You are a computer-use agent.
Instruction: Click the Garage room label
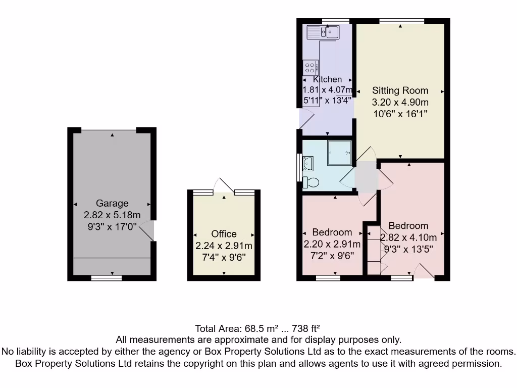pos(112,203)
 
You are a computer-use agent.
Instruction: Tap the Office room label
pos(224,234)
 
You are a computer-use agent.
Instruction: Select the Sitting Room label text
pos(400,91)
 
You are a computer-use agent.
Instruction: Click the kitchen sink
pos(323,32)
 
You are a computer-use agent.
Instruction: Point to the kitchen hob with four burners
pos(310,67)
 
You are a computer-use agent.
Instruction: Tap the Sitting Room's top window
pos(401,21)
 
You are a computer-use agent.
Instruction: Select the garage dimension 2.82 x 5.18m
pos(112,215)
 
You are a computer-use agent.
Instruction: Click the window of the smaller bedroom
pos(332,277)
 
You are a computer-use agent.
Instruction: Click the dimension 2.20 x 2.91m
pos(332,245)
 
